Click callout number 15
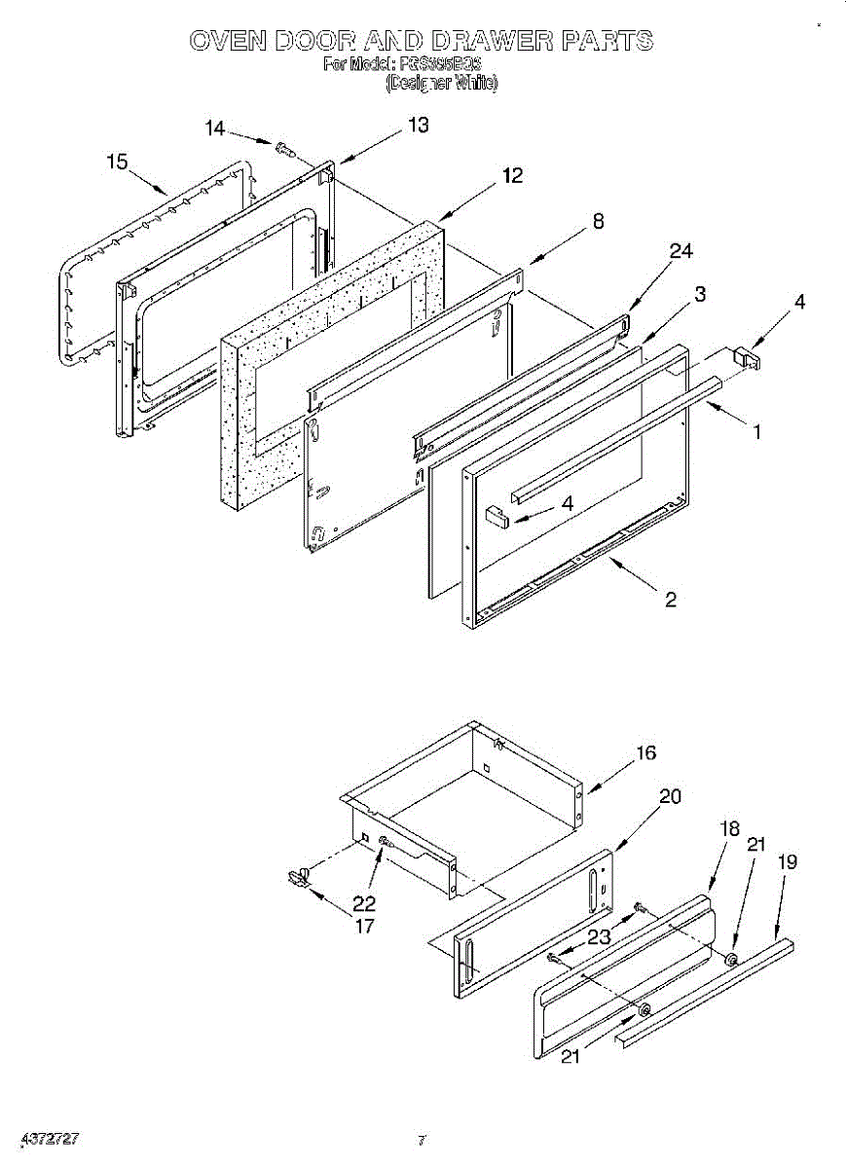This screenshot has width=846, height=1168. click(x=118, y=163)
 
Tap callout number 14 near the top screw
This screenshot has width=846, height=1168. click(x=215, y=128)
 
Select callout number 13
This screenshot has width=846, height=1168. click(x=418, y=126)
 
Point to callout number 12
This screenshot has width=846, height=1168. click(x=512, y=175)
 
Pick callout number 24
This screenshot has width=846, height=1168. click(x=680, y=251)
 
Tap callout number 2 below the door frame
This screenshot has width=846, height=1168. click(x=671, y=600)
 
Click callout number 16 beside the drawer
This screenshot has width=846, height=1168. click(x=646, y=752)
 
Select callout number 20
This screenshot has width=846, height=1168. click(x=670, y=795)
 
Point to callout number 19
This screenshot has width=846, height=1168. click(x=788, y=861)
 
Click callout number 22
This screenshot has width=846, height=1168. click(x=364, y=903)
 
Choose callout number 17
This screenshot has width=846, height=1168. click(x=364, y=926)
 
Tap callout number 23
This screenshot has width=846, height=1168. click(x=599, y=938)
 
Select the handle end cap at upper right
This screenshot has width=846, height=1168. click(x=748, y=357)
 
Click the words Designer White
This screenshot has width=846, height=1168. click(x=442, y=84)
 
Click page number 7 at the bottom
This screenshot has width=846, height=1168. click(x=421, y=1140)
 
